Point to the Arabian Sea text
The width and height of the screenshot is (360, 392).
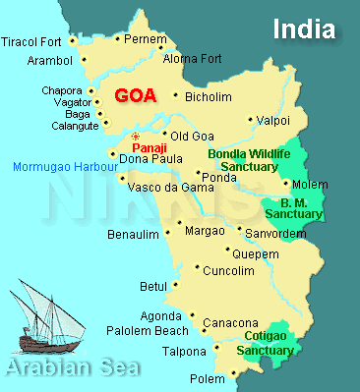coord(70,370)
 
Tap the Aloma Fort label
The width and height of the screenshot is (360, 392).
coord(193,59)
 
